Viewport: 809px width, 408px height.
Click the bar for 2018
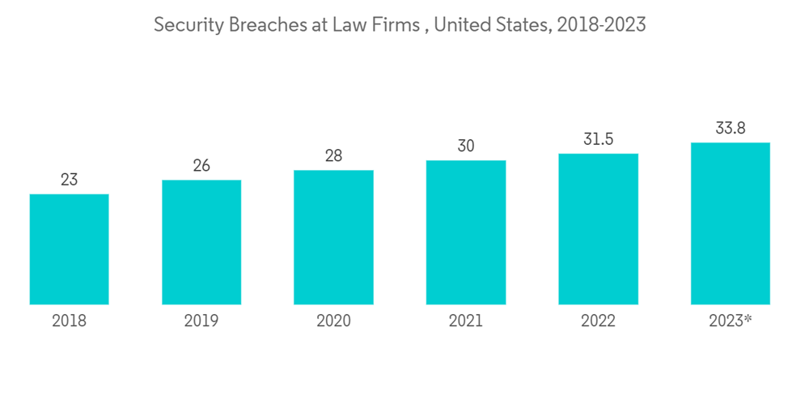[x=69, y=249]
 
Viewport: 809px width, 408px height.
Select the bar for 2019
[x=201, y=242]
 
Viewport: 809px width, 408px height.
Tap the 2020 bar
[x=333, y=237]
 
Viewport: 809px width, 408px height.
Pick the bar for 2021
[x=465, y=232]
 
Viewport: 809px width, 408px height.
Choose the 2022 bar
[x=598, y=229]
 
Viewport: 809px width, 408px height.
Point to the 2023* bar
[x=730, y=223]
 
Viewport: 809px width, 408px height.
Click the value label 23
[x=69, y=180]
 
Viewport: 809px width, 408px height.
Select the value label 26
[x=201, y=165]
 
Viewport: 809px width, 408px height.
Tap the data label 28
[x=333, y=155]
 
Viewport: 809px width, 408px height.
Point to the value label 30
[x=465, y=146]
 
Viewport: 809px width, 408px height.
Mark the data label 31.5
[x=598, y=138]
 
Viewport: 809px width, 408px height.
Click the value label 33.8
[x=730, y=128]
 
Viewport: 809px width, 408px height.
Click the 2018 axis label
[x=69, y=321]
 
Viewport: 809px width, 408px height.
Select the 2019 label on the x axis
[x=201, y=321]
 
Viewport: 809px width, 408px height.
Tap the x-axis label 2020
[x=333, y=321]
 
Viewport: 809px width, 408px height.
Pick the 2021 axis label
[x=465, y=321]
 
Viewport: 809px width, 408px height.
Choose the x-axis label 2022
[x=598, y=321]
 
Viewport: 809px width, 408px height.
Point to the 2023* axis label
[x=731, y=321]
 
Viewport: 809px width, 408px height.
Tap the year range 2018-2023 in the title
[x=601, y=25]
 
